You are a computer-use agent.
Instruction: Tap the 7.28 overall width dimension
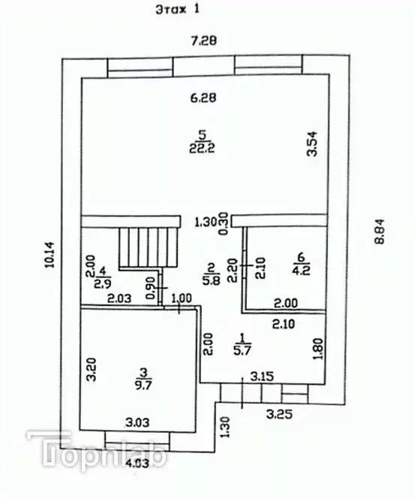pos(203,41)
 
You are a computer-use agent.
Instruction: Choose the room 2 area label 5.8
pos(212,271)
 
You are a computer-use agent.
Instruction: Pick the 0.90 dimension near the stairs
pos(152,289)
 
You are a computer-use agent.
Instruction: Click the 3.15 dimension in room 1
pos(261,375)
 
